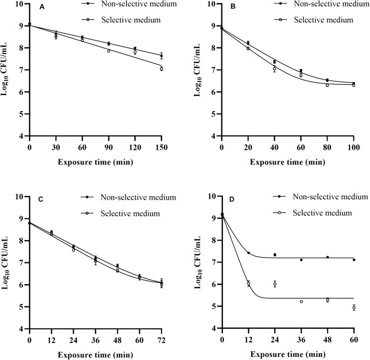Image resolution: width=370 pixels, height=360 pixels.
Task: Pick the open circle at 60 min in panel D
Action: (354, 308)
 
